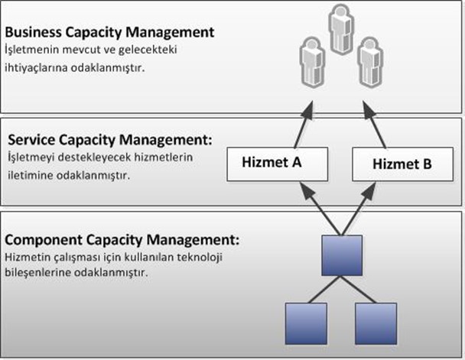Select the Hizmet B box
click(x=402, y=163)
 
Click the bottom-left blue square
click(x=305, y=323)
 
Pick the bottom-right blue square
click(x=375, y=323)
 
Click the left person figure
click(x=311, y=60)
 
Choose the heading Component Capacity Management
click(x=123, y=241)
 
